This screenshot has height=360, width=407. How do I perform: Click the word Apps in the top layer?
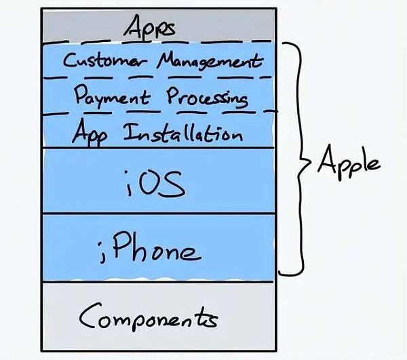point(149,27)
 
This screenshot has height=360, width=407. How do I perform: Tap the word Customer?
point(105,60)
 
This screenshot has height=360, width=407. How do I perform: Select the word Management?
point(210,61)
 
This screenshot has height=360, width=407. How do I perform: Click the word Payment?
point(113,96)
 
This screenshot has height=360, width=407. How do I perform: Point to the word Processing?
point(207,98)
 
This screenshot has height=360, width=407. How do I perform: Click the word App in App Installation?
point(90,132)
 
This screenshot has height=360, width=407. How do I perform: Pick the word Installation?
point(183,133)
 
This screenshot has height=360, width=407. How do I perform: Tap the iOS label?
point(155,183)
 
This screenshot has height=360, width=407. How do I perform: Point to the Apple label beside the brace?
point(349,161)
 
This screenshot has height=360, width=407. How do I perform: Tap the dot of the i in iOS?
point(127,172)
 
